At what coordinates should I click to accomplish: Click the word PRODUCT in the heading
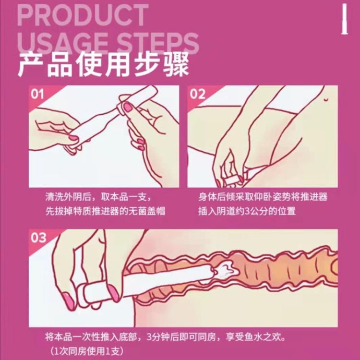tap(83, 16)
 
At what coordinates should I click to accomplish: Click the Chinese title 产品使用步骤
tap(103, 64)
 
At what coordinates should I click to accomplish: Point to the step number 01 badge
tap(37, 94)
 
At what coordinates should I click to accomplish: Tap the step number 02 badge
tap(197, 94)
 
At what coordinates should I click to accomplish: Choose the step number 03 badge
tap(38, 238)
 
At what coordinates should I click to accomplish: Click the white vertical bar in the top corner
tap(344, 20)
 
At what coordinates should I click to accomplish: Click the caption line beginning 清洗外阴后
tap(98, 197)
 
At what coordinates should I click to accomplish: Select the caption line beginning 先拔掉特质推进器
tap(106, 211)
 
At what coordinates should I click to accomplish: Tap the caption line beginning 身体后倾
tap(263, 197)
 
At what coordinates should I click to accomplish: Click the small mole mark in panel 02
tap(325, 99)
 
